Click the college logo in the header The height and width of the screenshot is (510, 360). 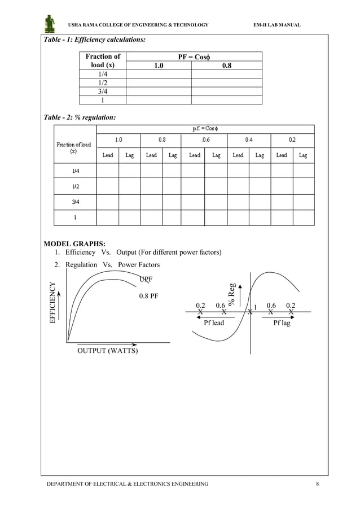[x=50, y=24]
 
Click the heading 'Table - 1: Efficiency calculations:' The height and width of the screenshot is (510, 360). [x=95, y=40]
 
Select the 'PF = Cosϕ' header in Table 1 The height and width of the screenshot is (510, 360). [x=194, y=56]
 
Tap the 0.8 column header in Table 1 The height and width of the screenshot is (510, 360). [x=226, y=66]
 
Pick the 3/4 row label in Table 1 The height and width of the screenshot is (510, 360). [x=102, y=91]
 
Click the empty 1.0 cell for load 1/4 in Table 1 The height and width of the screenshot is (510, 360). [x=159, y=74]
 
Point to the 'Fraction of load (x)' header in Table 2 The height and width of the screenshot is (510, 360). [x=73, y=148]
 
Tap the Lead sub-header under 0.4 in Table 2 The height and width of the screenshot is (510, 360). [x=238, y=155]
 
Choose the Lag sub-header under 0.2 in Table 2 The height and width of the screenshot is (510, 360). [x=303, y=155]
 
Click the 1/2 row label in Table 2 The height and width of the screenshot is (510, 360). [x=74, y=186]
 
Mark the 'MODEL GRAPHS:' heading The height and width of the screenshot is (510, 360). [x=74, y=244]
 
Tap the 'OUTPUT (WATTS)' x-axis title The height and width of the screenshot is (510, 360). [x=107, y=351]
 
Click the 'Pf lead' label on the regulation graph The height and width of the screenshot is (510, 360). [x=214, y=323]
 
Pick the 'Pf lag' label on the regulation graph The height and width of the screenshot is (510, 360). [x=282, y=323]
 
